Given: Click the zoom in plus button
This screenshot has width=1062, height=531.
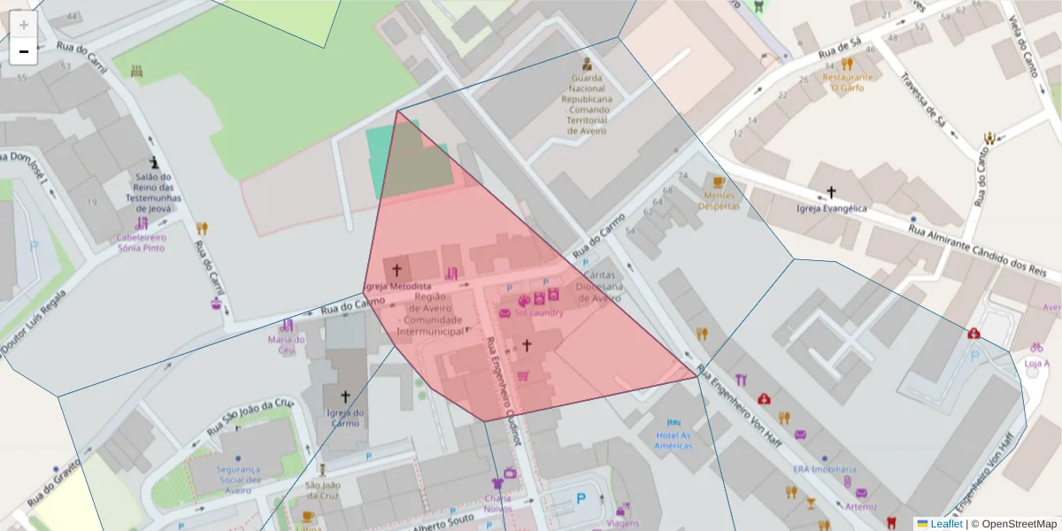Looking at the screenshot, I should (24, 25).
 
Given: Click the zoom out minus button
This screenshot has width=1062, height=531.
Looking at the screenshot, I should (24, 51).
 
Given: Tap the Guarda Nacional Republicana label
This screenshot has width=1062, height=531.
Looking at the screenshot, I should (586, 104).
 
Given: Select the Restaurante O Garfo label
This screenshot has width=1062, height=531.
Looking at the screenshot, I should (847, 82).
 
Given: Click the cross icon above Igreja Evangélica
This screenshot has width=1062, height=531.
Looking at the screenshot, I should (830, 192).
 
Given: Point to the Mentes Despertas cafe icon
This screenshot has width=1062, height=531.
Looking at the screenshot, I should (719, 183).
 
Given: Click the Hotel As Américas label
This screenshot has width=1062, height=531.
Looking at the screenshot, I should (673, 440).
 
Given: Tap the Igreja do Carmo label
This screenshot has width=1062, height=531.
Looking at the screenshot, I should (345, 418).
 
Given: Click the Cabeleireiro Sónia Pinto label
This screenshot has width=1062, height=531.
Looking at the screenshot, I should (141, 242).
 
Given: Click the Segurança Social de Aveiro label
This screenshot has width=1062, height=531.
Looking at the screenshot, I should (237, 480).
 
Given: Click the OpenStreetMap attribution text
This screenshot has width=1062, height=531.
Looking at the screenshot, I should (1013, 524).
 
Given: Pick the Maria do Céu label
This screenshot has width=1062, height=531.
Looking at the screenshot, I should (286, 344).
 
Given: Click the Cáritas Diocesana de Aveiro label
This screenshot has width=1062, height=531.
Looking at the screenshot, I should (599, 287).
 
